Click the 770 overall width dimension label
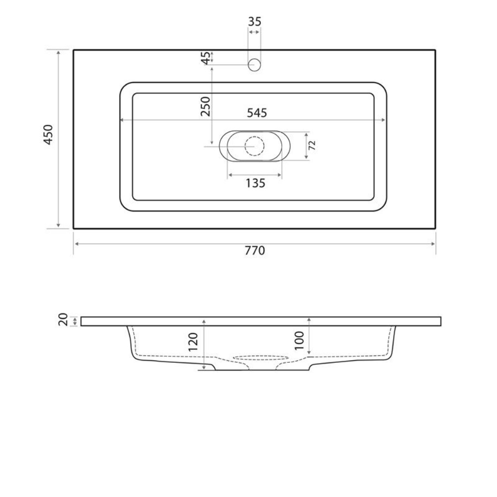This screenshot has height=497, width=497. pyautogui.click(x=254, y=250)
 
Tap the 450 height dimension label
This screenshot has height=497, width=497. pyautogui.click(x=48, y=135)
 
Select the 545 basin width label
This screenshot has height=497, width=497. pyautogui.click(x=257, y=113)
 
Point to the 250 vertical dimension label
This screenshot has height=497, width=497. pyautogui.click(x=206, y=106)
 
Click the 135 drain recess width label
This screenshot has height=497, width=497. pyautogui.click(x=255, y=183)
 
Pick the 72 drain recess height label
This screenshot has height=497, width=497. pyautogui.click(x=312, y=146)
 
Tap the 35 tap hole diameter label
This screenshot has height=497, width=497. pyautogui.click(x=254, y=21)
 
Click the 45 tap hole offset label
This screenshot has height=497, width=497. pyautogui.click(x=206, y=58)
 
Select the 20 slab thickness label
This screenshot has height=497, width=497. pyautogui.click(x=64, y=319)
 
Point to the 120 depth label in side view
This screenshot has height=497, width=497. pyautogui.click(x=193, y=342)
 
